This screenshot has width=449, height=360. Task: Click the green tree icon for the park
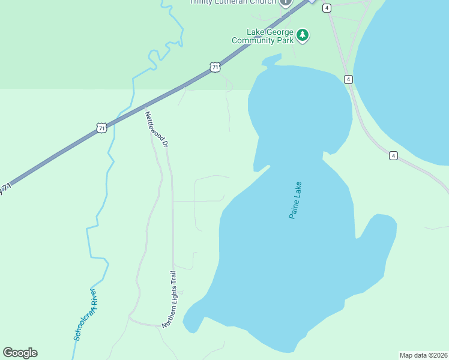(304, 35)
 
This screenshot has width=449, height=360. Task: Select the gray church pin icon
(286, 2)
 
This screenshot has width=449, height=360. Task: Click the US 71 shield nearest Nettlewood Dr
(102, 127)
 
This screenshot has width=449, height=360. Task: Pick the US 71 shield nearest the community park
(215, 68)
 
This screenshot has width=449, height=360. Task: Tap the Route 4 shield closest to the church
(327, 8)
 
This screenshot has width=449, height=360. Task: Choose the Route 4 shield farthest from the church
(393, 155)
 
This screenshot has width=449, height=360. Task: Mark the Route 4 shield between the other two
(348, 79)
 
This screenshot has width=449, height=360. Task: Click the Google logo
(20, 353)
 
